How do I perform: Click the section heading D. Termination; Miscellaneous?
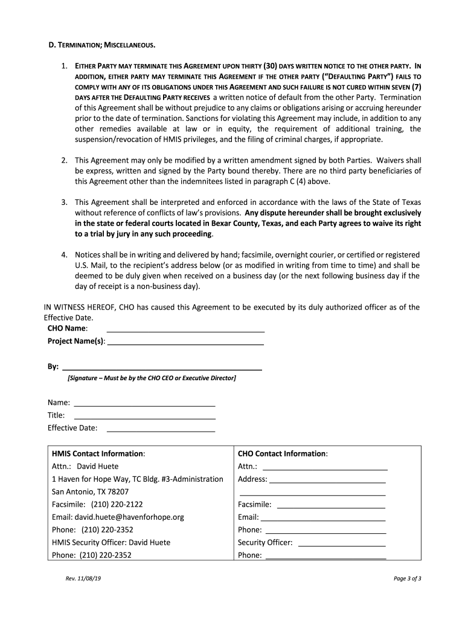tap(101, 45)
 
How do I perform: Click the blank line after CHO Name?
tap(185, 331)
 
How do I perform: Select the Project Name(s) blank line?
tap(185, 343)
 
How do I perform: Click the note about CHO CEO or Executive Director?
tap(152, 378)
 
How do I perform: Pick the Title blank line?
tap(144, 418)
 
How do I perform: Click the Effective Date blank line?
tap(161, 430)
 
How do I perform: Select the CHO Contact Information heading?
tap(283, 453)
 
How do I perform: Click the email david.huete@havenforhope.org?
tap(118, 517)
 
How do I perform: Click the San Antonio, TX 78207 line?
tap(90, 491)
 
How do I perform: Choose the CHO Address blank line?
tap(327, 482)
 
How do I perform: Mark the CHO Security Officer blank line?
tap(342, 545)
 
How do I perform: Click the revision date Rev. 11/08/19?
tap(83, 578)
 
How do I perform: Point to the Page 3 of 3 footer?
tap(407, 578)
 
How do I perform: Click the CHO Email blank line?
tap(322, 520)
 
